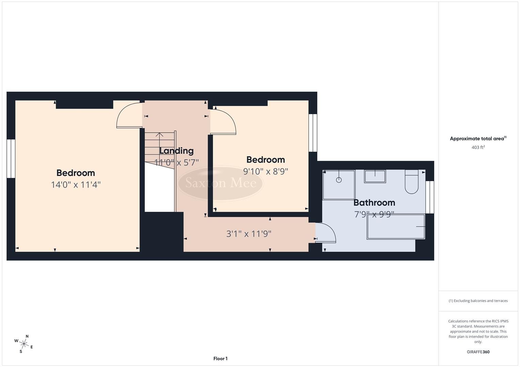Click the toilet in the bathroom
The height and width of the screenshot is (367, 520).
411,183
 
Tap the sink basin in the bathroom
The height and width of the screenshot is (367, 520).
375,176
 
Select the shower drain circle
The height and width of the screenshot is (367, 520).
338,180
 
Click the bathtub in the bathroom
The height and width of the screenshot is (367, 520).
396,227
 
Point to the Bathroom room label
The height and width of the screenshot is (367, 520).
374,203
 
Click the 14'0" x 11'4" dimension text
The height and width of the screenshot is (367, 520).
76,185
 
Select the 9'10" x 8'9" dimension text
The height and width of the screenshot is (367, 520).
266,171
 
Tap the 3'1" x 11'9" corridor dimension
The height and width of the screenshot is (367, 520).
249,234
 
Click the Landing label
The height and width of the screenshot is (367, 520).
176,151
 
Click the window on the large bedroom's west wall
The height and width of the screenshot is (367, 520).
11,158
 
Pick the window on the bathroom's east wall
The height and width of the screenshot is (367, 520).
430,197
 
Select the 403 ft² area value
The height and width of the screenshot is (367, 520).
478,147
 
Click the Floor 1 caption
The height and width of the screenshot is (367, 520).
220,359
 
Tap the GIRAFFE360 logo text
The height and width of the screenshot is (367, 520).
478,352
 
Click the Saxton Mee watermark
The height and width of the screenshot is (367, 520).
221,183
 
